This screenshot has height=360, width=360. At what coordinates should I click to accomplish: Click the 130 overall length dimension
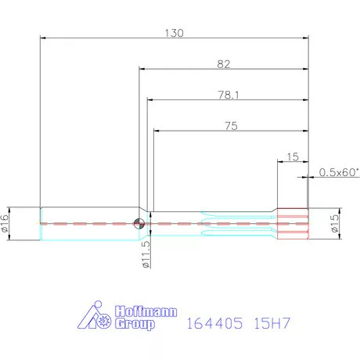point(175,33)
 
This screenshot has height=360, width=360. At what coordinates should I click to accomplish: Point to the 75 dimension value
point(231,124)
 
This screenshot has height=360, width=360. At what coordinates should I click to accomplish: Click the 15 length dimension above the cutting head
point(293,157)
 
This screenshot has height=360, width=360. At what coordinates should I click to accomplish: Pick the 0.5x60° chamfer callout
point(337,172)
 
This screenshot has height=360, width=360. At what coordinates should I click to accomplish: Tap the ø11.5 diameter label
point(146,254)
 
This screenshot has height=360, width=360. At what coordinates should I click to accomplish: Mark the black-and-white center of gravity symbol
point(139,223)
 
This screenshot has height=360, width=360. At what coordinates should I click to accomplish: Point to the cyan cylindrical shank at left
point(86,223)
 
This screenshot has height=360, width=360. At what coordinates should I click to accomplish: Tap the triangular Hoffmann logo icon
point(97,316)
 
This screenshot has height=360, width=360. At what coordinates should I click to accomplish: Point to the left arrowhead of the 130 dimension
point(42,38)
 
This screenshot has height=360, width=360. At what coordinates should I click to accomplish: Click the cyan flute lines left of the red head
point(235,223)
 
